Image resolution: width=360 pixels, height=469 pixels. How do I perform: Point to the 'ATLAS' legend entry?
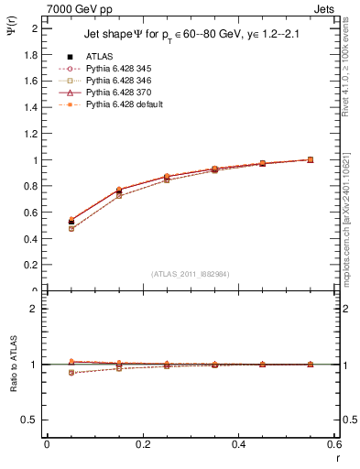click(x=100, y=56)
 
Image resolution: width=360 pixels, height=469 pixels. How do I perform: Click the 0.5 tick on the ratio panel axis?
click(x=33, y=420)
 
